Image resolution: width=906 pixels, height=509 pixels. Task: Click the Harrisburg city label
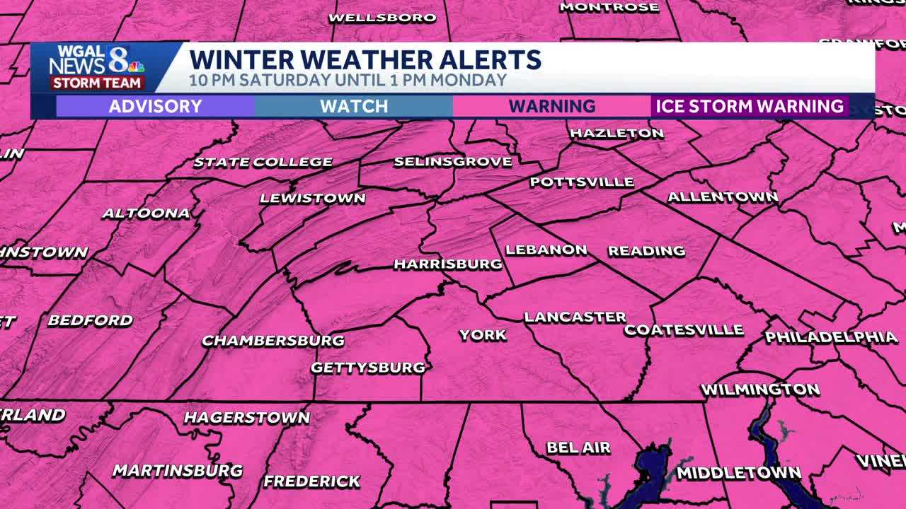pyautogui.click(x=447, y=264)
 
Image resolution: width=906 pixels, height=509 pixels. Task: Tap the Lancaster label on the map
pyautogui.click(x=575, y=317)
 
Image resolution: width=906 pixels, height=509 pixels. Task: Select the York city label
pyautogui.click(x=483, y=335)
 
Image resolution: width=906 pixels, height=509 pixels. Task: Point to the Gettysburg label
pyautogui.click(x=368, y=368)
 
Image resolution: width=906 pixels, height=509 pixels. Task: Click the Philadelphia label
pyautogui.click(x=831, y=337)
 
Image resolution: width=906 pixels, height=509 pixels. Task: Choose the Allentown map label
pyautogui.click(x=723, y=197)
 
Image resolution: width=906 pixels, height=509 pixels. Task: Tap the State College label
pyautogui.click(x=263, y=162)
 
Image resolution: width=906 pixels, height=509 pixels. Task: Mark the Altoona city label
pyautogui.click(x=146, y=213)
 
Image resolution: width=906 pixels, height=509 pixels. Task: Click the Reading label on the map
pyautogui.click(x=646, y=251)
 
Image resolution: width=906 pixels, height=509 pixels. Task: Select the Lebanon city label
pyautogui.click(x=546, y=250)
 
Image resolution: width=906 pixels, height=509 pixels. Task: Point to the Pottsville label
pyautogui.click(x=582, y=182)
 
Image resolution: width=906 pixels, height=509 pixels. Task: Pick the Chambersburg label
pyautogui.click(x=273, y=341)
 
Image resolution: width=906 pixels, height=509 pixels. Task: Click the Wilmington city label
pyautogui.click(x=759, y=390)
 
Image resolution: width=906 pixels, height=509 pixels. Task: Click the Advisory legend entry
pyautogui.click(x=155, y=107)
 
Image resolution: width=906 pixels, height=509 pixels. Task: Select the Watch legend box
pyautogui.click(x=354, y=107)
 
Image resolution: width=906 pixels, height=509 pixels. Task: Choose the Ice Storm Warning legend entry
pyautogui.click(x=750, y=107)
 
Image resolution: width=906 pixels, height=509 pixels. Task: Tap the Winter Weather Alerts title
pyautogui.click(x=365, y=59)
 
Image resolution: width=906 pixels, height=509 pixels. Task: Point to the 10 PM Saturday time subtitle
pyautogui.click(x=348, y=80)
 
